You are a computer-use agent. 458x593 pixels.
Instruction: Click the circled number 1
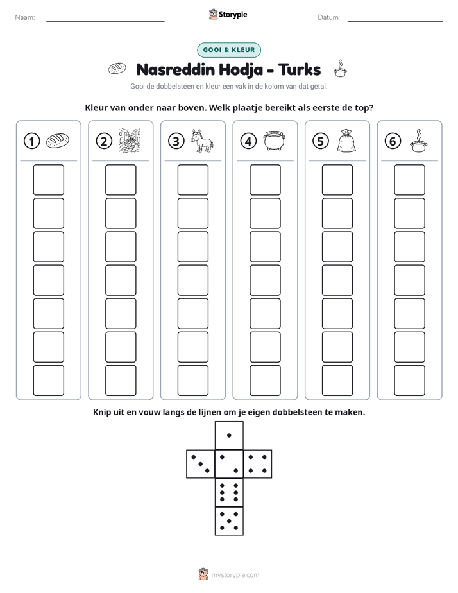[31, 141]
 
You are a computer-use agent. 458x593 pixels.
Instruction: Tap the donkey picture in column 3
[201, 141]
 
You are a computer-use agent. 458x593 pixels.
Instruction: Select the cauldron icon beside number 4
[274, 141]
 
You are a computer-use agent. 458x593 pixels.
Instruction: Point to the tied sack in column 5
[346, 141]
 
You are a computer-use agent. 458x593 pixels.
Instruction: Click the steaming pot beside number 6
[418, 141]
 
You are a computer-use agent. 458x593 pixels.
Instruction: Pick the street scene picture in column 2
[130, 141]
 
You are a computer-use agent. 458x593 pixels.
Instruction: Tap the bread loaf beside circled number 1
[58, 141]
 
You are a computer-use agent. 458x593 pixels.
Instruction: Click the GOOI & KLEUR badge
[229, 50]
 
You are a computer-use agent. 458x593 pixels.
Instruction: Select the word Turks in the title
[300, 69]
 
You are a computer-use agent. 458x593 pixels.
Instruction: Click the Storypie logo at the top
[228, 14]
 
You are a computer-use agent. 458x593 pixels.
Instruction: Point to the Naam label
[25, 17]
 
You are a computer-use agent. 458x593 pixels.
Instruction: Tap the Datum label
[328, 17]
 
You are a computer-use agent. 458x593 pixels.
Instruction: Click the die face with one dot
[229, 436]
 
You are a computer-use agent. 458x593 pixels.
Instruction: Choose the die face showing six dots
[229, 493]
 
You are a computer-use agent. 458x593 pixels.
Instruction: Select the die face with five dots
[229, 521]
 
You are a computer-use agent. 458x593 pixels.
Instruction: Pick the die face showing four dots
[258, 464]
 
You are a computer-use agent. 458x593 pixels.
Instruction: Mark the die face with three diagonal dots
[201, 464]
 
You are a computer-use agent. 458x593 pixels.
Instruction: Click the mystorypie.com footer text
[235, 575]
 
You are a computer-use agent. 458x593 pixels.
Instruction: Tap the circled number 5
[321, 141]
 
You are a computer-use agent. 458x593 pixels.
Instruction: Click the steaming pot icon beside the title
[340, 69]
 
